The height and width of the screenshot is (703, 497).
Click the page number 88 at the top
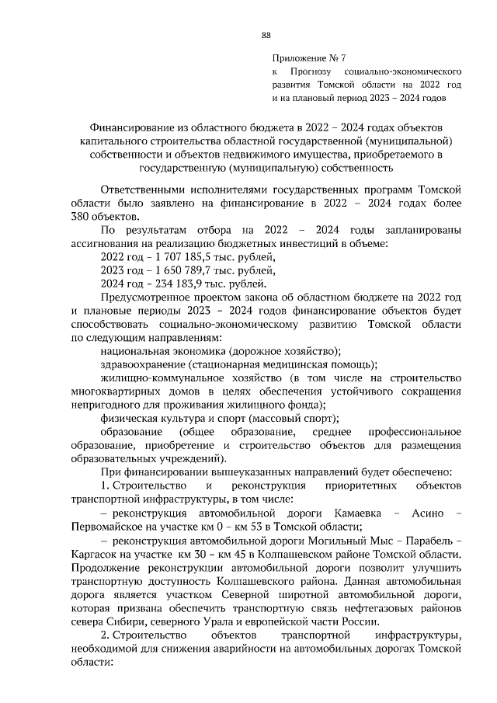click(266, 35)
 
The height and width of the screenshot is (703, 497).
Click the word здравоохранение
click(142, 365)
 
